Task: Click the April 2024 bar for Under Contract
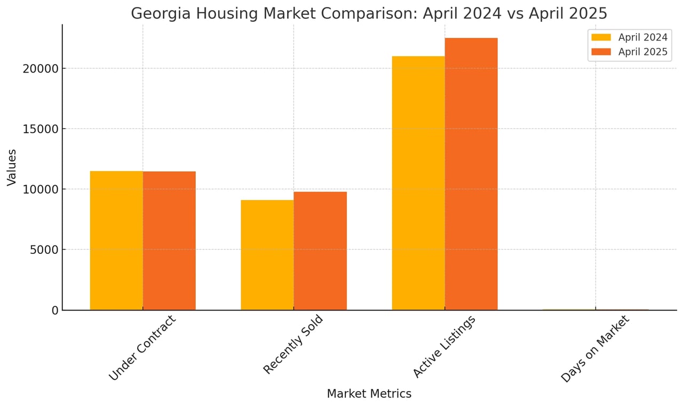116,240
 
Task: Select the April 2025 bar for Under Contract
169,240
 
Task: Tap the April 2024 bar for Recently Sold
267,255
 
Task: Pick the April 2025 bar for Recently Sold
320,251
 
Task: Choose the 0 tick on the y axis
55,310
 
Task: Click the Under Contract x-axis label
142,348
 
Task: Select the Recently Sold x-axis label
293,345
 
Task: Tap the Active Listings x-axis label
444,347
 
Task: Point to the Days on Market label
595,349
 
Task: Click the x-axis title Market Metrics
369,394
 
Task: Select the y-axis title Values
12,167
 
